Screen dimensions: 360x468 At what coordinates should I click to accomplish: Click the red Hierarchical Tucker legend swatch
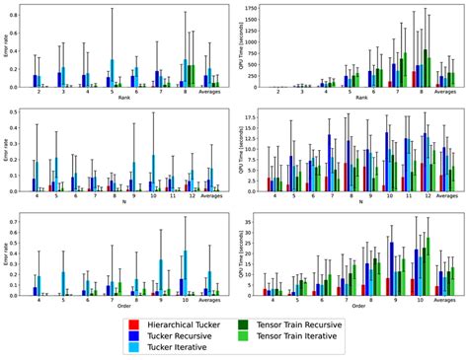pos(134,326)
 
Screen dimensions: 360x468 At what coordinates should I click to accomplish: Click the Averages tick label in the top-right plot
pos(444,93)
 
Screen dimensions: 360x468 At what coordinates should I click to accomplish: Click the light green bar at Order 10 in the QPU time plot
pos(428,266)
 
